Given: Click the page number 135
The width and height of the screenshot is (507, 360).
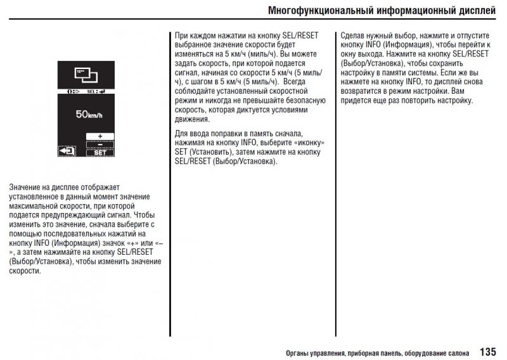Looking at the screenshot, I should click(488, 351).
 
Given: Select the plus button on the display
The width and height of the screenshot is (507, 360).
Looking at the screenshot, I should click(100, 136).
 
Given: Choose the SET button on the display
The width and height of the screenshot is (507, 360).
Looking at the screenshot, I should click(100, 153).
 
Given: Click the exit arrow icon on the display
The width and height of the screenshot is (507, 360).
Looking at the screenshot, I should click(67, 151).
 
